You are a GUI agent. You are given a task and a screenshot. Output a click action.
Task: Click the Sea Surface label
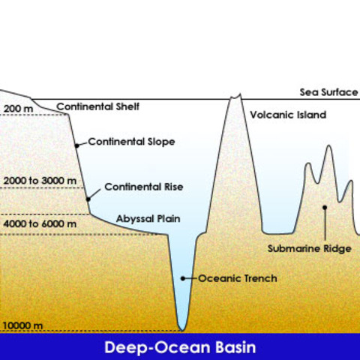tap(328, 92)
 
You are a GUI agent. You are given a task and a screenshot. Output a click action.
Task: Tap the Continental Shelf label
tap(97, 106)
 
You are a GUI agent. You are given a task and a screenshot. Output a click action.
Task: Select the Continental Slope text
tap(131, 142)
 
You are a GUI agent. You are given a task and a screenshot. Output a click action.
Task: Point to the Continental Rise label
tap(144, 187)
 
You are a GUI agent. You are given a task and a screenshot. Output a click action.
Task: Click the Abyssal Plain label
tap(148, 219)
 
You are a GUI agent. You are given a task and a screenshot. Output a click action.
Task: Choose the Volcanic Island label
tap(288, 115)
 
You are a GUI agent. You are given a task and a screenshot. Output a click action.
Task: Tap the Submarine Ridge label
tap(310, 249)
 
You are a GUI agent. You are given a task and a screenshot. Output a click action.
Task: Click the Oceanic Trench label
tap(238, 278)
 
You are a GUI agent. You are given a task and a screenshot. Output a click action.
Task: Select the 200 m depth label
tap(18, 109)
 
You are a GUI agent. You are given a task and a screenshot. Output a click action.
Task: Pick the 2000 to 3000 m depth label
tap(40, 181)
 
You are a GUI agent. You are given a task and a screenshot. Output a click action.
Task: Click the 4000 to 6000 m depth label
tap(40, 223)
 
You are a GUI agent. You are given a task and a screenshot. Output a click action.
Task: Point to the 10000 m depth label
tap(22, 325)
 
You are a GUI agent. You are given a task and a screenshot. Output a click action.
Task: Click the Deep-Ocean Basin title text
tap(180, 347)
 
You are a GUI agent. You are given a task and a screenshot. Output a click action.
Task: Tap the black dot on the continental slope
tap(77, 145)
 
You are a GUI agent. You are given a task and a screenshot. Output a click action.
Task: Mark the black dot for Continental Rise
tap(88, 199)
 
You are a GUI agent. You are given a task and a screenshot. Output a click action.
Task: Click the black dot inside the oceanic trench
tap(183, 278)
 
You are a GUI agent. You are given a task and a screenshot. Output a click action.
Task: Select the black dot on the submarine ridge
tap(325, 207)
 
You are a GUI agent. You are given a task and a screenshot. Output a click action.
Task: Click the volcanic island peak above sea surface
tap(235, 97)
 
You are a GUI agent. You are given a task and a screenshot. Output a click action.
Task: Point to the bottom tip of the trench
tap(182, 331)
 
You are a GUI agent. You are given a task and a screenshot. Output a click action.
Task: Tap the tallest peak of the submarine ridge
tap(328, 145)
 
